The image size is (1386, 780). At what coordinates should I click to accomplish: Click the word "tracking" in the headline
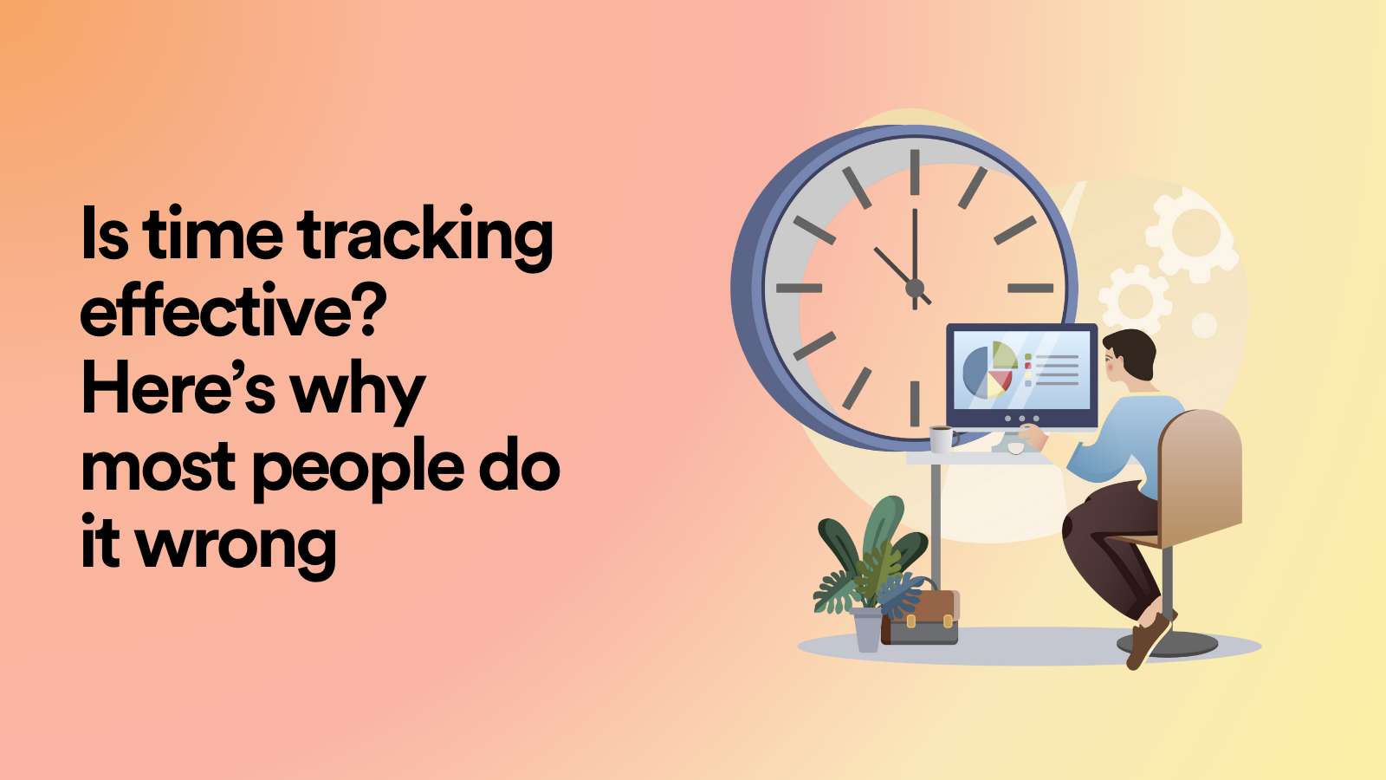(424, 236)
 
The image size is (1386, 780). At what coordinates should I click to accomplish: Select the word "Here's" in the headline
(178, 389)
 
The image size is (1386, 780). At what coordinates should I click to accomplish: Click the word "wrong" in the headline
(236, 544)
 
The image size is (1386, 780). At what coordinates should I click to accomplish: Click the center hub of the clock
(915, 288)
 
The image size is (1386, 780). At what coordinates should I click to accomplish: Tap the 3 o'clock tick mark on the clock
(1030, 288)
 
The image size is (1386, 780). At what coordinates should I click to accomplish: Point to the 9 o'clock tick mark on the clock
(799, 288)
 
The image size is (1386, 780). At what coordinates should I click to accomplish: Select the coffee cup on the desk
(942, 439)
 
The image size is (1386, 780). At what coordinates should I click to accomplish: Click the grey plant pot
(867, 628)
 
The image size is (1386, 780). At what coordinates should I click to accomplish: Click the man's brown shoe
(1148, 640)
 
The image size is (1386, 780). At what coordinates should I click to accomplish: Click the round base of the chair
(1168, 644)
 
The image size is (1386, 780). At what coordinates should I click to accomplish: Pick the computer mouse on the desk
(1016, 448)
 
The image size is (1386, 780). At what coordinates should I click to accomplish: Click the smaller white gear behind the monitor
(1135, 299)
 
